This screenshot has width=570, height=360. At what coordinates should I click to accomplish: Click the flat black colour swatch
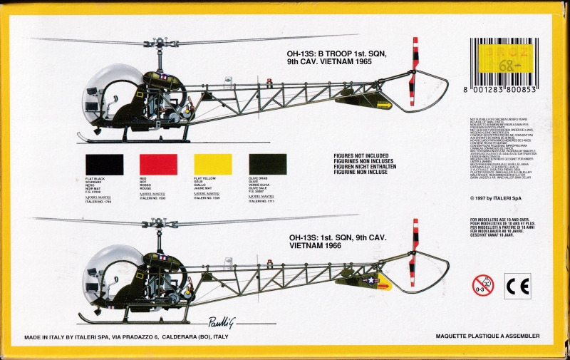pyautogui.click(x=104, y=165)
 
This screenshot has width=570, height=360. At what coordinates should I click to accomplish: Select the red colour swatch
pyautogui.click(x=158, y=165)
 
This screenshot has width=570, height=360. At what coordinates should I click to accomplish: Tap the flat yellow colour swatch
pyautogui.click(x=213, y=165)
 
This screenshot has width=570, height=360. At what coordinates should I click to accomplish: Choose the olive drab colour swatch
pyautogui.click(x=267, y=165)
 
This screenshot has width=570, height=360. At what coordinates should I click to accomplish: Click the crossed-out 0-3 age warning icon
pyautogui.click(x=482, y=286)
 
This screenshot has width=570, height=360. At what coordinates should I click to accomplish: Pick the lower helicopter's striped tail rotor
pyautogui.click(x=414, y=253)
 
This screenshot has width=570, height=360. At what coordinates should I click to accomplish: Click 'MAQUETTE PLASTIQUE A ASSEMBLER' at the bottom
pyautogui.click(x=486, y=336)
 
